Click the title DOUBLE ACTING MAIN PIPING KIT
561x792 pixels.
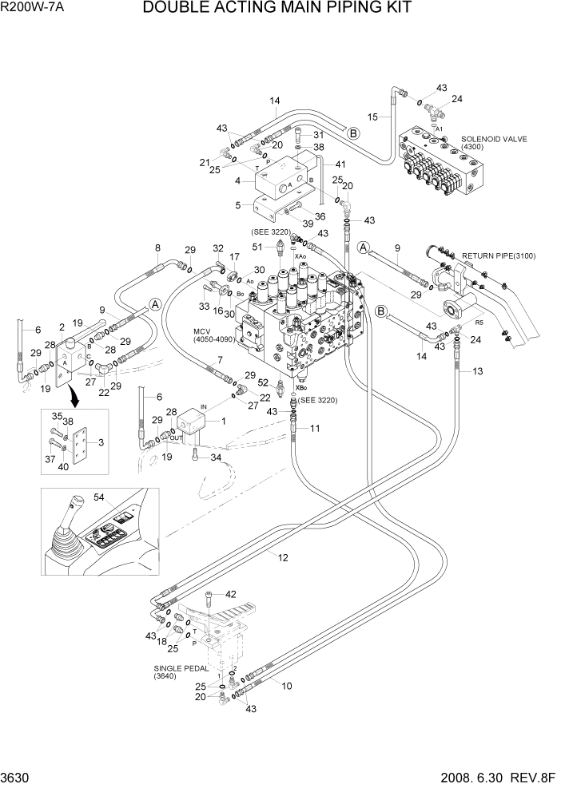pyautogui.click(x=277, y=9)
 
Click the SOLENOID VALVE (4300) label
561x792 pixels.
pyautogui.click(x=494, y=144)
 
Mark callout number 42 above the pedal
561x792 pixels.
pyautogui.click(x=231, y=594)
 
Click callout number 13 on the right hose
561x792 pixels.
pyautogui.click(x=477, y=372)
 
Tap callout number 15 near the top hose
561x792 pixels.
pyautogui.click(x=372, y=117)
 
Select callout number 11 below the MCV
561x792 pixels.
pyautogui.click(x=315, y=429)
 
